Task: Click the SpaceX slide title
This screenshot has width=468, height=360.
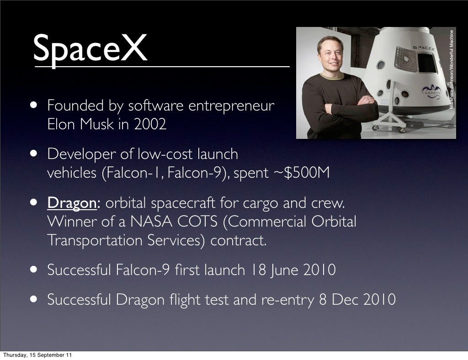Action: click(x=90, y=49)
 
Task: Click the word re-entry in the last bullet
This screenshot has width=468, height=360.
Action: click(x=287, y=300)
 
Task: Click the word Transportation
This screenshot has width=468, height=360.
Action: click(x=95, y=241)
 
